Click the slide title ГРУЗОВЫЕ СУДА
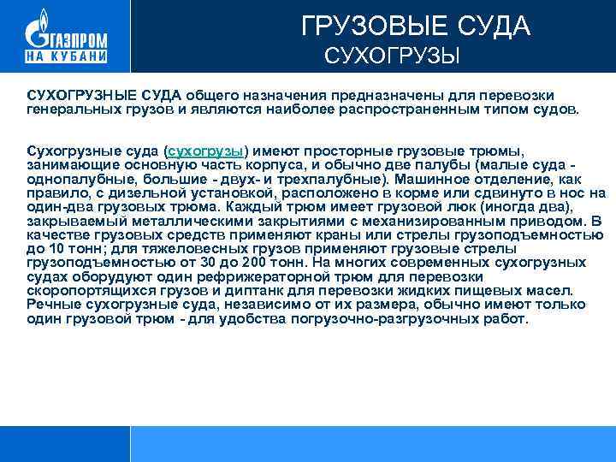(416, 27)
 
